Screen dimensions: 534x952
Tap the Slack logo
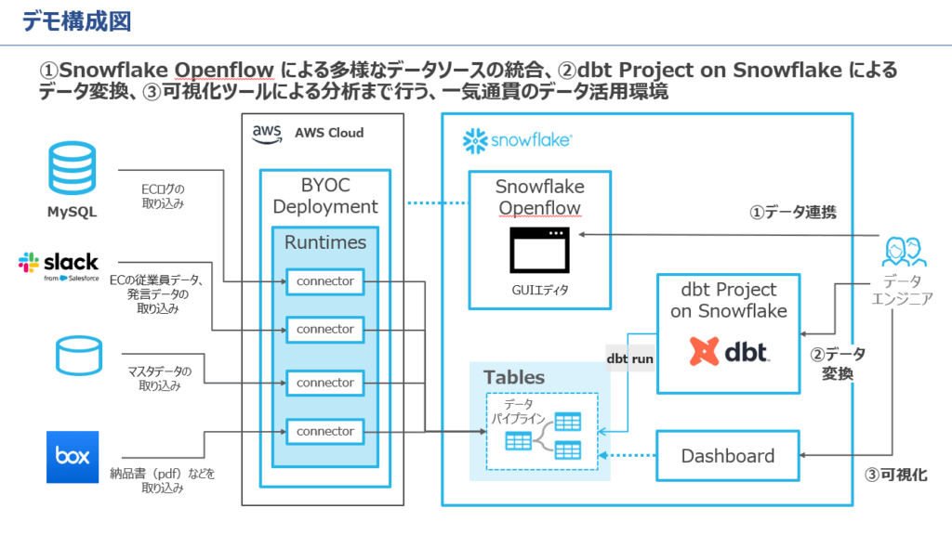click(58, 265)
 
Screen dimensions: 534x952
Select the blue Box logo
click(72, 456)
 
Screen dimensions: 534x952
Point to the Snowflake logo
click(517, 141)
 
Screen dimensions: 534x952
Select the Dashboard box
click(728, 456)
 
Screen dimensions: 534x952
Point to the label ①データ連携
click(793, 213)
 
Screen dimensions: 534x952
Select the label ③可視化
click(896, 475)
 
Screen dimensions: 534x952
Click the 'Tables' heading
click(514, 378)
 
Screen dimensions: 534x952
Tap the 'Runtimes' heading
click(325, 242)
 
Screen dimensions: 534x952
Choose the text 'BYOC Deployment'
click(325, 196)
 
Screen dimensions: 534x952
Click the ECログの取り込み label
click(164, 194)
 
